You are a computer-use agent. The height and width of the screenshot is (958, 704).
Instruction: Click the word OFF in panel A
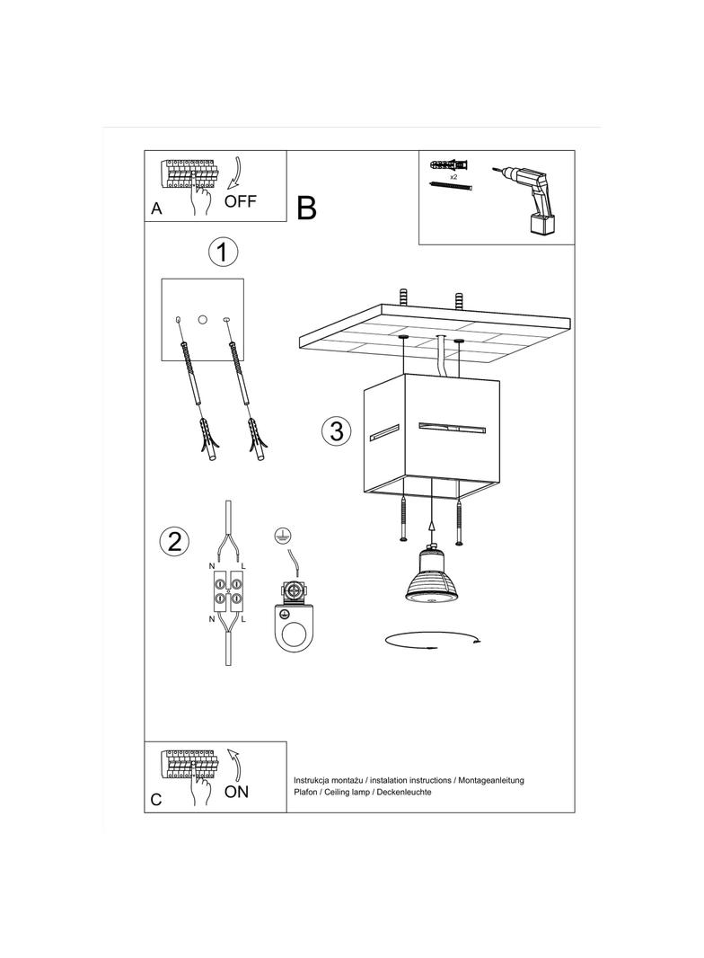(241, 200)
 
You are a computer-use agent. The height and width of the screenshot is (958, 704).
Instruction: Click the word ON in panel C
(236, 791)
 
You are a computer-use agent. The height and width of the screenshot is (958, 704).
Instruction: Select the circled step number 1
(223, 252)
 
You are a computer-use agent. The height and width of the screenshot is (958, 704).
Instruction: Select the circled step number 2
(174, 541)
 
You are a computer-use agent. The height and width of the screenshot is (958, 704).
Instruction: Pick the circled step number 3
(337, 430)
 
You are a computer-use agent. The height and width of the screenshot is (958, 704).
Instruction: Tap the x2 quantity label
(453, 176)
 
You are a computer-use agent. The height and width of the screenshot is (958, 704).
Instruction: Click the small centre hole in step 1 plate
(203, 319)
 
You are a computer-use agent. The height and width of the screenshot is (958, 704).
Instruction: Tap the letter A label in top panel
(156, 208)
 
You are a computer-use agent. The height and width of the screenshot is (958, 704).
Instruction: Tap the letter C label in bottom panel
(156, 800)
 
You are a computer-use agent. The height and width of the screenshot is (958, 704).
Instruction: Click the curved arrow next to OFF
(235, 173)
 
